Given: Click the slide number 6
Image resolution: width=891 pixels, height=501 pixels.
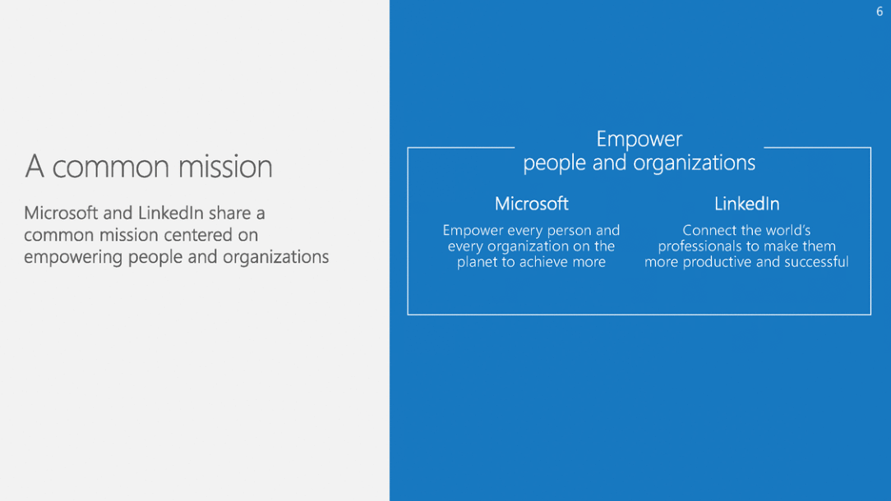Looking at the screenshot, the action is point(879,11).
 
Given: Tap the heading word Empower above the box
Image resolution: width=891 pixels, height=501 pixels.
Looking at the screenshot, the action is point(639,140).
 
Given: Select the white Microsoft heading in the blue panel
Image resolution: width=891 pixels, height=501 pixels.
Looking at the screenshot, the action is point(531,204).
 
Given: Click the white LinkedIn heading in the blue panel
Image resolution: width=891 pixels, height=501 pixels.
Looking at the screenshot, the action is point(746,204).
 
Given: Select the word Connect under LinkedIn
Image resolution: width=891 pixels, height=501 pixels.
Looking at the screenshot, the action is point(704,230).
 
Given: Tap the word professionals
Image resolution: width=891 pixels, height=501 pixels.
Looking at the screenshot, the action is point(699,246).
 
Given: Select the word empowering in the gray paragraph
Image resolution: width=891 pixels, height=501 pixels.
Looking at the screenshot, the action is point(73,257).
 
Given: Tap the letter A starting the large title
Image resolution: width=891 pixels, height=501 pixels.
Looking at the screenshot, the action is point(34,167).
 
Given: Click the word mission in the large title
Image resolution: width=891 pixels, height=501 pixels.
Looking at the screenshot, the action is point(225,167).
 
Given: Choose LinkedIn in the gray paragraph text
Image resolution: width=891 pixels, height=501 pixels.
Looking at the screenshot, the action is point(170,213).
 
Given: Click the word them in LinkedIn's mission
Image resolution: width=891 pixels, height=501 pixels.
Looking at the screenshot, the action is point(818,246).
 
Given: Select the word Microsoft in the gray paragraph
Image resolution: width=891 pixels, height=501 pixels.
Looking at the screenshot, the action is point(61,213).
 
